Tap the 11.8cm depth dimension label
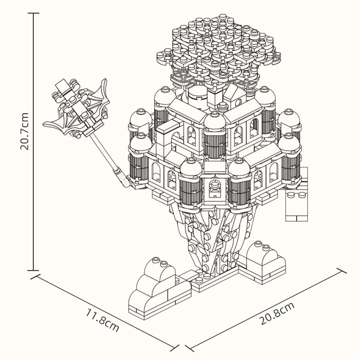coord(102,320)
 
